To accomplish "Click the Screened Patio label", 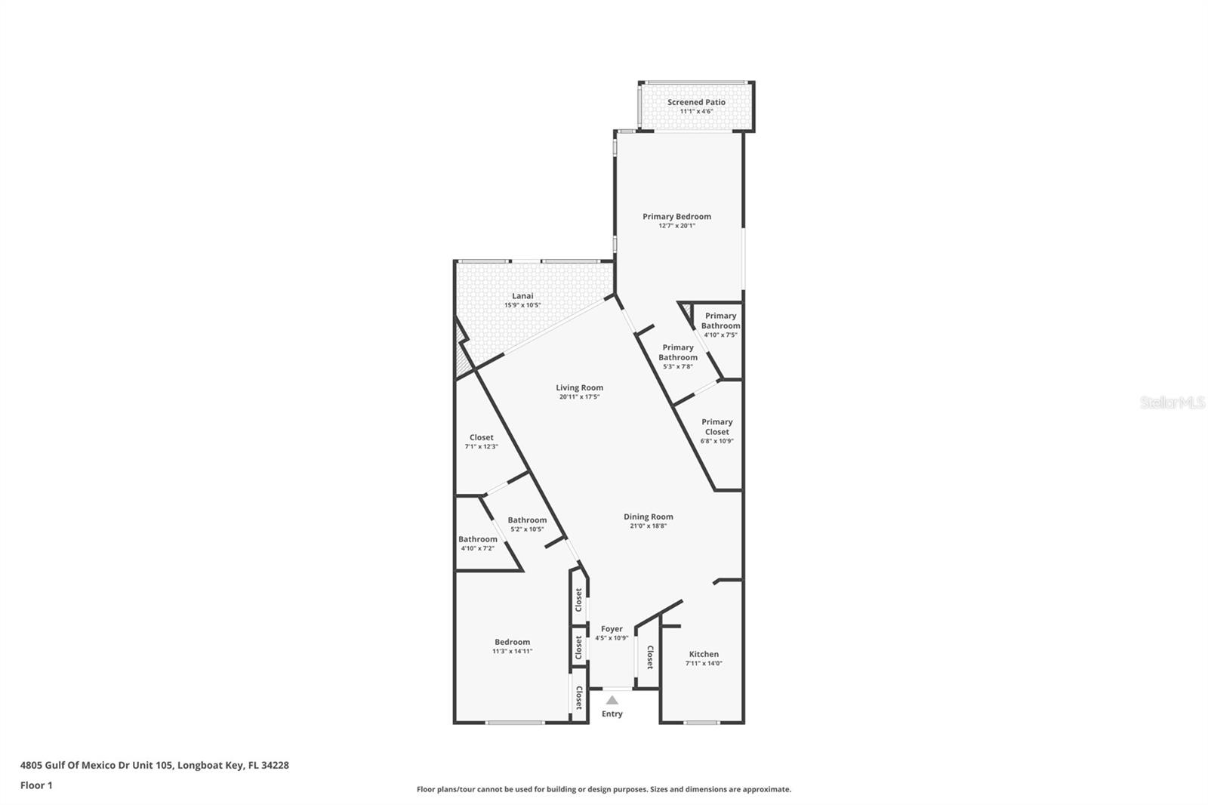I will coord(696,102).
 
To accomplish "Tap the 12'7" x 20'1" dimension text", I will coord(676,226).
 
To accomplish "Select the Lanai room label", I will coord(522,296).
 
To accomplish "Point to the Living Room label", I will coord(580,387).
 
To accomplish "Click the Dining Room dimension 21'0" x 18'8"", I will coord(648,526).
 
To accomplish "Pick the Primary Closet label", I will coord(716,427).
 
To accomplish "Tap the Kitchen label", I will coord(704,654).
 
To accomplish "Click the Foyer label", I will coord(612,628).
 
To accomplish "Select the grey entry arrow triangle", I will coord(612,700).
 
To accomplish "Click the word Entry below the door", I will coord(612,714).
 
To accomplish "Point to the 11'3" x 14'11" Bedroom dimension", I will coord(512,651).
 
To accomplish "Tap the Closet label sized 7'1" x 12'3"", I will coord(481,437).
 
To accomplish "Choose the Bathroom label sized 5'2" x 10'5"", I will coord(527,520).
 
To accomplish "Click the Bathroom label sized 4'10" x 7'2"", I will coord(478,539).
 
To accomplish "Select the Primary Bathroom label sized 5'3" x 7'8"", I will coord(677,353).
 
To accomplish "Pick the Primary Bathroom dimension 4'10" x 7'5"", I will coord(720,335).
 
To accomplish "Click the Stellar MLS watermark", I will coord(1172,403).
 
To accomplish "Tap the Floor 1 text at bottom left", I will coord(36,785).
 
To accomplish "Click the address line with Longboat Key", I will coord(154,765).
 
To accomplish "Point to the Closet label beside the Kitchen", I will coord(650,656).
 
